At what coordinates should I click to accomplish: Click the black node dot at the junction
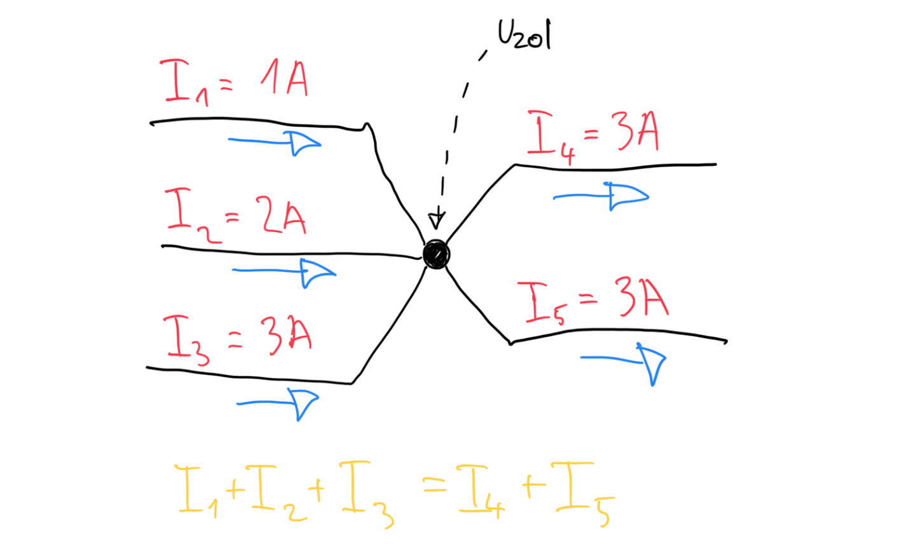tap(436, 254)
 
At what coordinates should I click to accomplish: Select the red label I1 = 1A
tap(234, 81)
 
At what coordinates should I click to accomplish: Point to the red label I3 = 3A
tap(237, 337)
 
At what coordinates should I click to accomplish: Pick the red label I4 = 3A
tap(593, 135)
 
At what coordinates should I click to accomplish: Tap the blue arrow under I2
tap(284, 271)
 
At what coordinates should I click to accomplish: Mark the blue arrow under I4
tap(601, 196)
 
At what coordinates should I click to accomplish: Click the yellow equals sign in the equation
tap(435, 487)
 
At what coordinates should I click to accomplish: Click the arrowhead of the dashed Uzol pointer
tap(437, 219)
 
